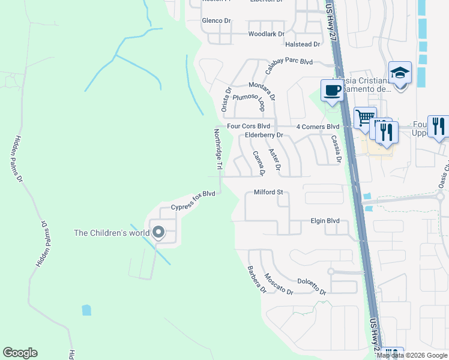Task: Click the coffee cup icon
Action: point(332,91)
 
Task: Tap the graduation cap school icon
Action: point(400,73)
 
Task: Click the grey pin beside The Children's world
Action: point(158,232)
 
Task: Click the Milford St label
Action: point(268,193)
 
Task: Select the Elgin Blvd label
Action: point(324,221)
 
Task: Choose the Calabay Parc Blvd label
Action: point(289,67)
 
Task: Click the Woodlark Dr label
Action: point(266,34)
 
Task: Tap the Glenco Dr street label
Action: point(217,20)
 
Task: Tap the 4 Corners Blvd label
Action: point(318,127)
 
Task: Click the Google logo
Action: point(20,353)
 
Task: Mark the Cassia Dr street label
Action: point(335,149)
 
